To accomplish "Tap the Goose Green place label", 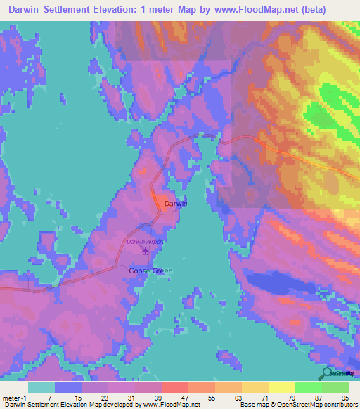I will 150,271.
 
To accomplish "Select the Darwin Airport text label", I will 146,242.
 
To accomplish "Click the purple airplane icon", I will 146,250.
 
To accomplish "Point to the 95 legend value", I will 345,397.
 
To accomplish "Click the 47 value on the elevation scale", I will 184,397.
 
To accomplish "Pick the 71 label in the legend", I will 264,397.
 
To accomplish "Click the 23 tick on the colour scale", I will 104,397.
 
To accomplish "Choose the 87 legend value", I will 318,397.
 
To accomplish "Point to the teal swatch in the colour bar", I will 41,387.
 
